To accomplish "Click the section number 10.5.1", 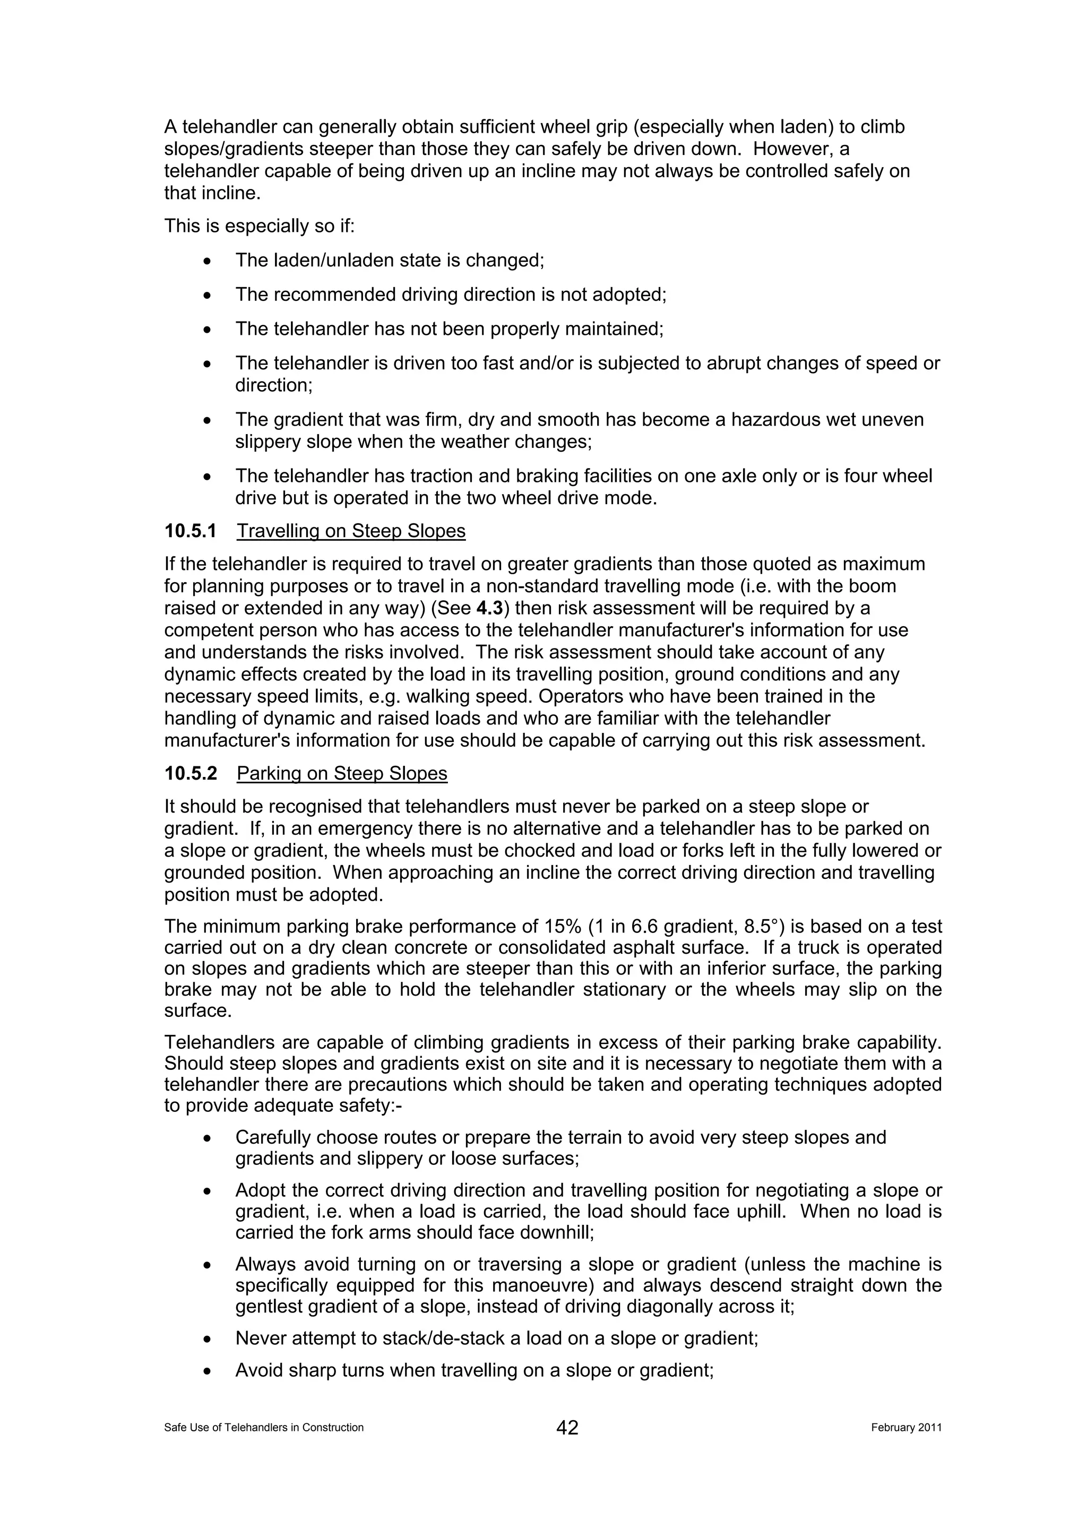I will point(191,531).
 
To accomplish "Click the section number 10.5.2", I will point(191,774).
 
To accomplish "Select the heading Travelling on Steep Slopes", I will point(351,531).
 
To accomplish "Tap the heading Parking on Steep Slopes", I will point(342,774).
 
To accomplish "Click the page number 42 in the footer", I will point(567,1428).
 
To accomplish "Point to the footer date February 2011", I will point(906,1428).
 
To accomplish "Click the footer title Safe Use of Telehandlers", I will point(264,1428).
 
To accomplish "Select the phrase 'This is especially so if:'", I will point(259,227).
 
